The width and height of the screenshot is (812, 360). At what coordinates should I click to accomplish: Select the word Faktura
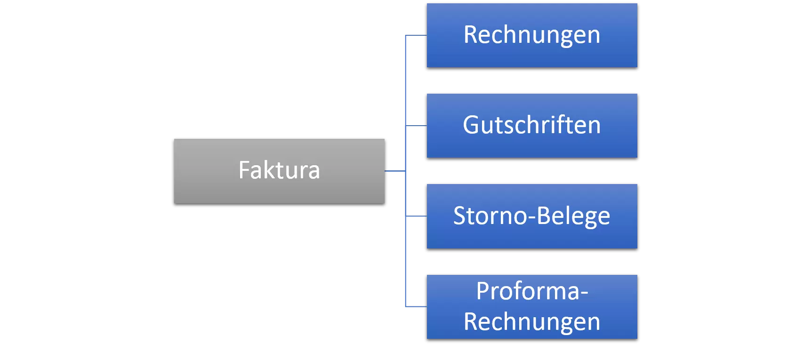(x=279, y=170)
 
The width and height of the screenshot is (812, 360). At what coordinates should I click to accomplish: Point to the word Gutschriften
(x=532, y=125)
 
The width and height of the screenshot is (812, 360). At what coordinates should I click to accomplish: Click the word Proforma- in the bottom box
(x=532, y=291)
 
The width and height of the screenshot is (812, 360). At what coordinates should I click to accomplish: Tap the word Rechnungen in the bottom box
(x=532, y=322)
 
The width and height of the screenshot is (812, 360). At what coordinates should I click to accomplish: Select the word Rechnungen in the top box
(x=532, y=35)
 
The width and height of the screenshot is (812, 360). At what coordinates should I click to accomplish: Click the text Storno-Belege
(x=532, y=216)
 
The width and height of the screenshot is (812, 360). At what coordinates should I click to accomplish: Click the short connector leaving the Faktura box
(x=394, y=171)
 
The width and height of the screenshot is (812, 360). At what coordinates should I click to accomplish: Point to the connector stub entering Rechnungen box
(x=416, y=35)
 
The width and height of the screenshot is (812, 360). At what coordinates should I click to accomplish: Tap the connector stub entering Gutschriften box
(x=416, y=126)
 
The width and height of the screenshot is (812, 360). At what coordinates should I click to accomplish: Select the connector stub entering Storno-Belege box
(x=416, y=216)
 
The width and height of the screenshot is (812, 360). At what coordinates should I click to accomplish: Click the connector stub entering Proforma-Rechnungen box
(x=416, y=307)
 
